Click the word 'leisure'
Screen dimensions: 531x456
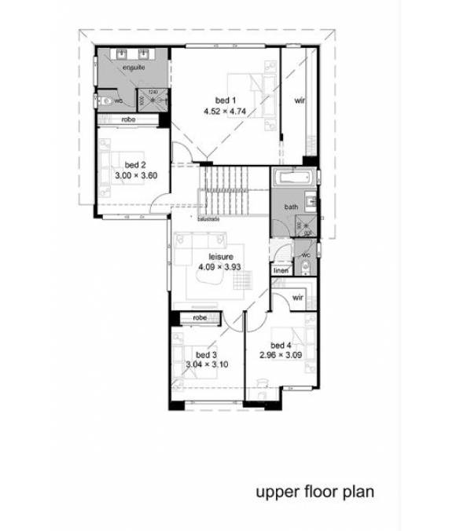point(220,257)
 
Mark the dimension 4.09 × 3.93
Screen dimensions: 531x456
point(220,267)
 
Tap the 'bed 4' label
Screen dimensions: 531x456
point(281,346)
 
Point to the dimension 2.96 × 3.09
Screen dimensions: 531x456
point(281,356)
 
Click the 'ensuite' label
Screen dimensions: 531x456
point(131,70)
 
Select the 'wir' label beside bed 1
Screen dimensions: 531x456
point(300,101)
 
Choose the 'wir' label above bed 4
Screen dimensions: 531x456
point(298,298)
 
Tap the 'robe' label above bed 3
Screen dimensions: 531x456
point(198,318)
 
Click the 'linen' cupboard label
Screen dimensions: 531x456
point(281,271)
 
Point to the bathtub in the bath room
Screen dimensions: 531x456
point(292,178)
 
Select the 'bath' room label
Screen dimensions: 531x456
point(292,207)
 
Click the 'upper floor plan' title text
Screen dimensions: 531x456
point(314,493)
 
